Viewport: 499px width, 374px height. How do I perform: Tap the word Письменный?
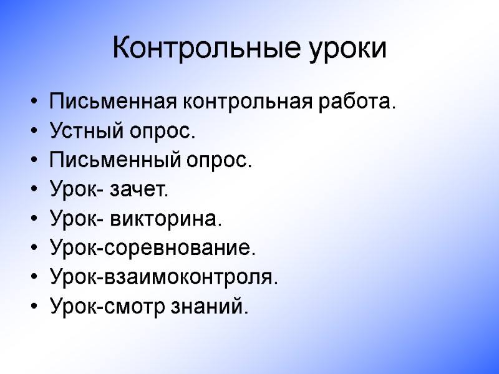pyautogui.click(x=115, y=161)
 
